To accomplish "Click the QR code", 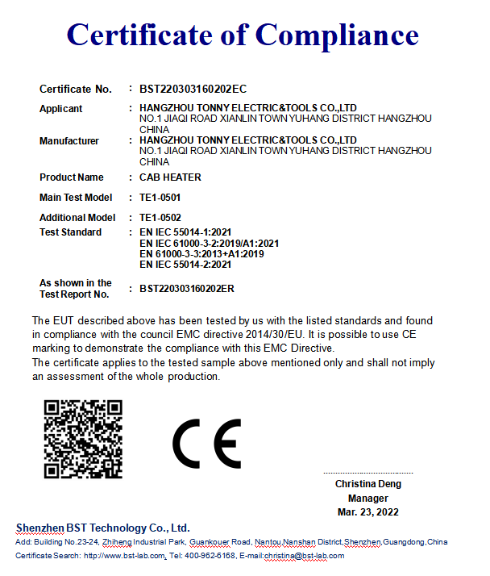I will [82, 439].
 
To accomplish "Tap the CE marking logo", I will [206, 444].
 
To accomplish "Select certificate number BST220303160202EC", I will [193, 89].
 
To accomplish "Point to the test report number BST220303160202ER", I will [187, 288].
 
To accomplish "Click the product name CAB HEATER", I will [170, 177].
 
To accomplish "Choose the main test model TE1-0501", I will [160, 198].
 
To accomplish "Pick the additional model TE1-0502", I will [160, 218].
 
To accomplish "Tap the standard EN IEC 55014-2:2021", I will [185, 264].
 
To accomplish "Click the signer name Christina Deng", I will [367, 484].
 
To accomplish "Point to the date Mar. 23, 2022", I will [367, 512].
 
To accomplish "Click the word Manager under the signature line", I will [367, 499].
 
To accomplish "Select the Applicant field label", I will [60, 109].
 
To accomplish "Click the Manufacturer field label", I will [69, 141].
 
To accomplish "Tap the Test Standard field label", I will [70, 232].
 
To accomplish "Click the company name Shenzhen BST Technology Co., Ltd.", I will [102, 528].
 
